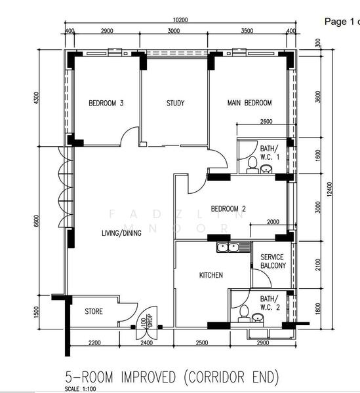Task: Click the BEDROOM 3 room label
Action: (106, 103)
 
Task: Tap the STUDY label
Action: (175, 103)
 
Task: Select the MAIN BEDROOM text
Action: (249, 103)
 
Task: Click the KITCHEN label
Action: (210, 275)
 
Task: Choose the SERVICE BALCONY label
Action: (272, 261)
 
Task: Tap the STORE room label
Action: (94, 311)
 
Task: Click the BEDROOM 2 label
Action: (228, 210)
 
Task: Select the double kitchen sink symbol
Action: (228, 247)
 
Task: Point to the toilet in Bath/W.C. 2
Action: (243, 314)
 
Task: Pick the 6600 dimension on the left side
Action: (37, 225)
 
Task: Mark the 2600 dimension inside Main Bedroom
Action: (266, 122)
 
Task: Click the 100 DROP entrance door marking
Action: (144, 324)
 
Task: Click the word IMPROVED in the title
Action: (148, 377)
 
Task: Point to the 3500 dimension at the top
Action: (247, 31)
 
